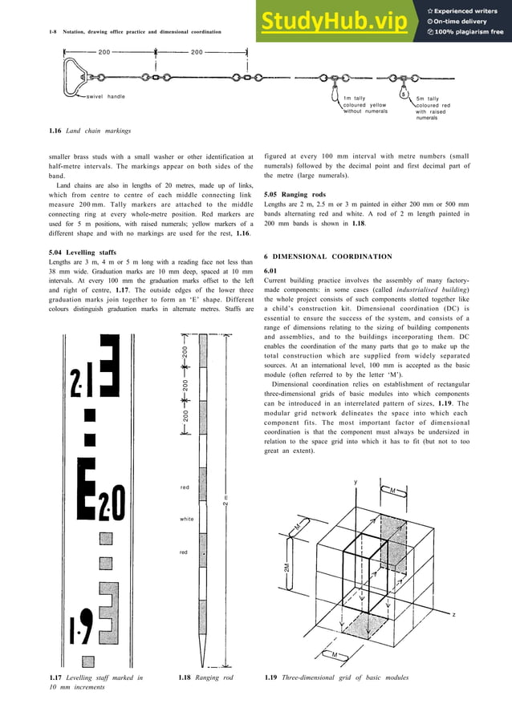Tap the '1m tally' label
pyautogui.click(x=354, y=98)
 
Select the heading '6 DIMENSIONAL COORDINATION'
pyautogui.click(x=328, y=257)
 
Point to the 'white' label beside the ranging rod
pyautogui.click(x=186, y=520)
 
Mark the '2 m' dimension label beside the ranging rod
pyautogui.click(x=227, y=501)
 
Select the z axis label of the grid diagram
pyautogui.click(x=453, y=614)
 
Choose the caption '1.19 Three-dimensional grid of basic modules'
pyautogui.click(x=336, y=679)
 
